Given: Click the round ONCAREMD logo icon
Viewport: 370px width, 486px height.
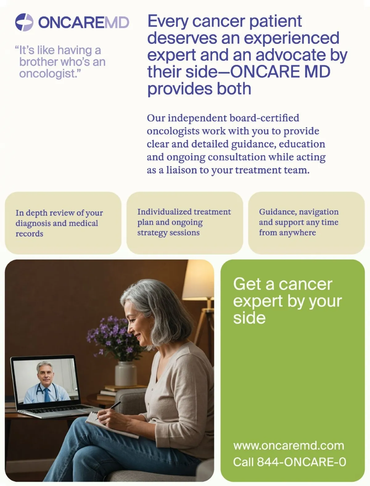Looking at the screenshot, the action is [x=24, y=22].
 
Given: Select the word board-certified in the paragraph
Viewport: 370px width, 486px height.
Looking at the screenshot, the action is [x=264, y=118].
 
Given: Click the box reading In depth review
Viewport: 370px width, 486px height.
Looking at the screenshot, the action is [x=63, y=223].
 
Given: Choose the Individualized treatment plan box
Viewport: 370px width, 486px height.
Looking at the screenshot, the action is [x=185, y=223].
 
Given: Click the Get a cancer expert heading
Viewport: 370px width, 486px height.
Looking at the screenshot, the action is [x=287, y=301].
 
